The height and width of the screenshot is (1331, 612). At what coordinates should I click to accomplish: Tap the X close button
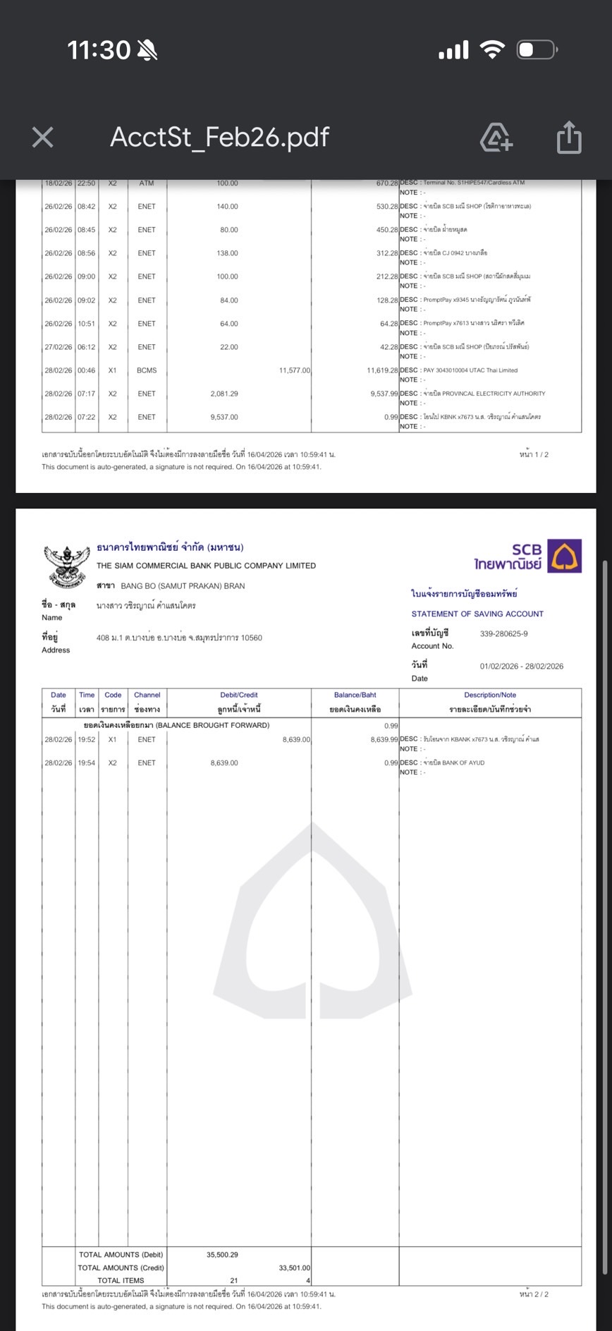tap(43, 137)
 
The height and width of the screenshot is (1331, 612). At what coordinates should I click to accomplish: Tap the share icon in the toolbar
tap(569, 137)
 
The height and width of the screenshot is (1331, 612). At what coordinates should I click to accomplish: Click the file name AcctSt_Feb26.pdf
tap(219, 137)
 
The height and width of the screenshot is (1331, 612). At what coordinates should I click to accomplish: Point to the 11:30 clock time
tap(99, 50)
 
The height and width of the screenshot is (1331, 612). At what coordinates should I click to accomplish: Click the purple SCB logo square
tap(565, 556)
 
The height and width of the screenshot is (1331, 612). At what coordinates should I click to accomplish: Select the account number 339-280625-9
tap(503, 633)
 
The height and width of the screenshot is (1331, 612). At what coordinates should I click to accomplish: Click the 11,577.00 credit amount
tap(295, 370)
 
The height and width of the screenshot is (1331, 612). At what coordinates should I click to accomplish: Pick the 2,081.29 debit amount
tap(224, 394)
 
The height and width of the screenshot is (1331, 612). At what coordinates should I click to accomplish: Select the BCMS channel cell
tap(147, 370)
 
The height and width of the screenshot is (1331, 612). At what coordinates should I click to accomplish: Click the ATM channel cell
tap(147, 183)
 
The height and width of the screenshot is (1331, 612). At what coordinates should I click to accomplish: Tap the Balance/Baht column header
tap(355, 695)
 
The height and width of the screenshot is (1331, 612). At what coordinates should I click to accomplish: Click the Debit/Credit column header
tap(239, 695)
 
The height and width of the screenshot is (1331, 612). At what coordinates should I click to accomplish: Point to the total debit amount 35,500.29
tap(222, 1255)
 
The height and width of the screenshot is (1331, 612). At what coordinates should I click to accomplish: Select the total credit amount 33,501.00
tap(295, 1268)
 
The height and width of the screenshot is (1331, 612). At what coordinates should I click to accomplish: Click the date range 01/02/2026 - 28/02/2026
tap(521, 666)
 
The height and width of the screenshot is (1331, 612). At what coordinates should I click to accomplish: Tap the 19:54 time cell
tap(87, 762)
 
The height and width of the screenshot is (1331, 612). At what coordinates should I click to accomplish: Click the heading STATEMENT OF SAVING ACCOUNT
tap(477, 614)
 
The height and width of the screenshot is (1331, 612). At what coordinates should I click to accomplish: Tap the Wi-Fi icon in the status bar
tap(491, 49)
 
